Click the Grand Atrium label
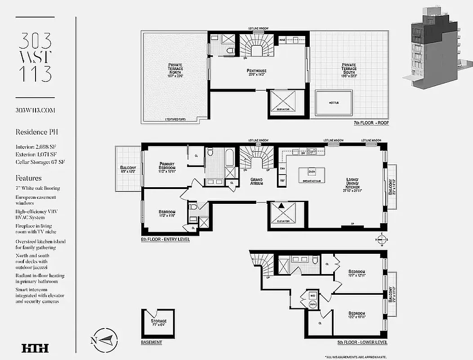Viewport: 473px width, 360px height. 256,181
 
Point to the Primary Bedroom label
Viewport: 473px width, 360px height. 170,166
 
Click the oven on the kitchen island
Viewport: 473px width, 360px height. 312,171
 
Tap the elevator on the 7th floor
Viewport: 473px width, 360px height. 282,102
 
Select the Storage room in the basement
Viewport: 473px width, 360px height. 158,323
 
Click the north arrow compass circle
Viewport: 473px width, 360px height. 107,340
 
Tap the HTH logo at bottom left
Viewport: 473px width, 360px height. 35,347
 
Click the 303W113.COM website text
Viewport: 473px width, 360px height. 35,110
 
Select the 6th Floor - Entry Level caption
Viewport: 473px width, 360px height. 165,239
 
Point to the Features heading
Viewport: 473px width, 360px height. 28,178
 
